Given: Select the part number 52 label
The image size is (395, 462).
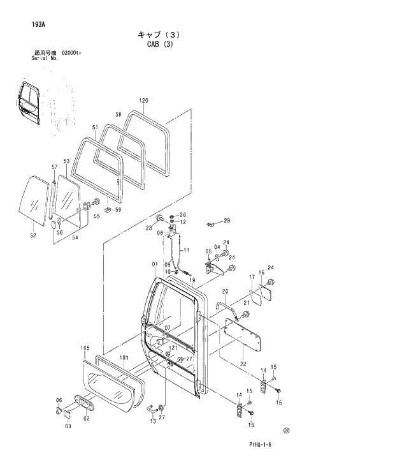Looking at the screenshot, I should point(33,235).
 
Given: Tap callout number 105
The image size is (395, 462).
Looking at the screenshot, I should point(85,348).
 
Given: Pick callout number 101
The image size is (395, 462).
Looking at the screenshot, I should point(124,357).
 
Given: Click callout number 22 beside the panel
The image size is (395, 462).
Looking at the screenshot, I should point(243,364).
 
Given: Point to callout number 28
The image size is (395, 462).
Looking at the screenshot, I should point(227,221).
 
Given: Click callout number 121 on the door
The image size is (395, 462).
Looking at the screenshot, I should point(173,348).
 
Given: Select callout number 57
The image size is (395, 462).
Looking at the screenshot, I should point(54,167).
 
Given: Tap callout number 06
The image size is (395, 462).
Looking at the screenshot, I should point(59,400).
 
